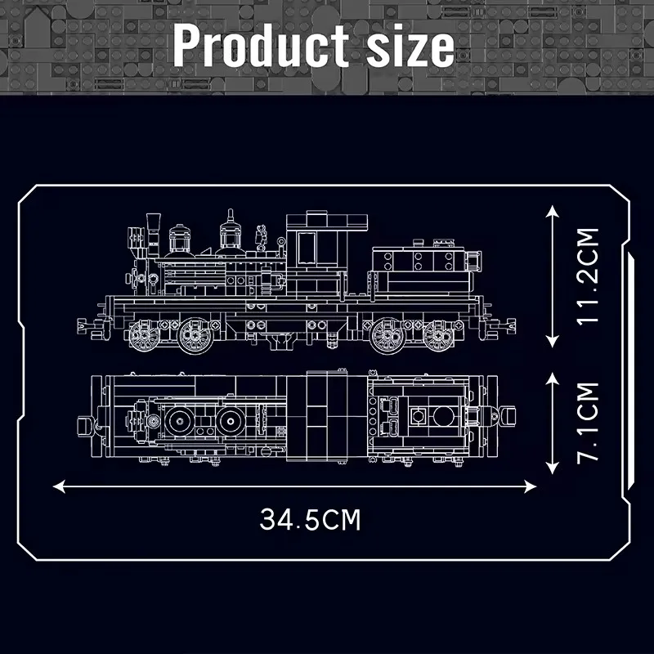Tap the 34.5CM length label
click(x=311, y=520)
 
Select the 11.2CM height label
click(x=587, y=276)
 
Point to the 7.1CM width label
click(x=587, y=422)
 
